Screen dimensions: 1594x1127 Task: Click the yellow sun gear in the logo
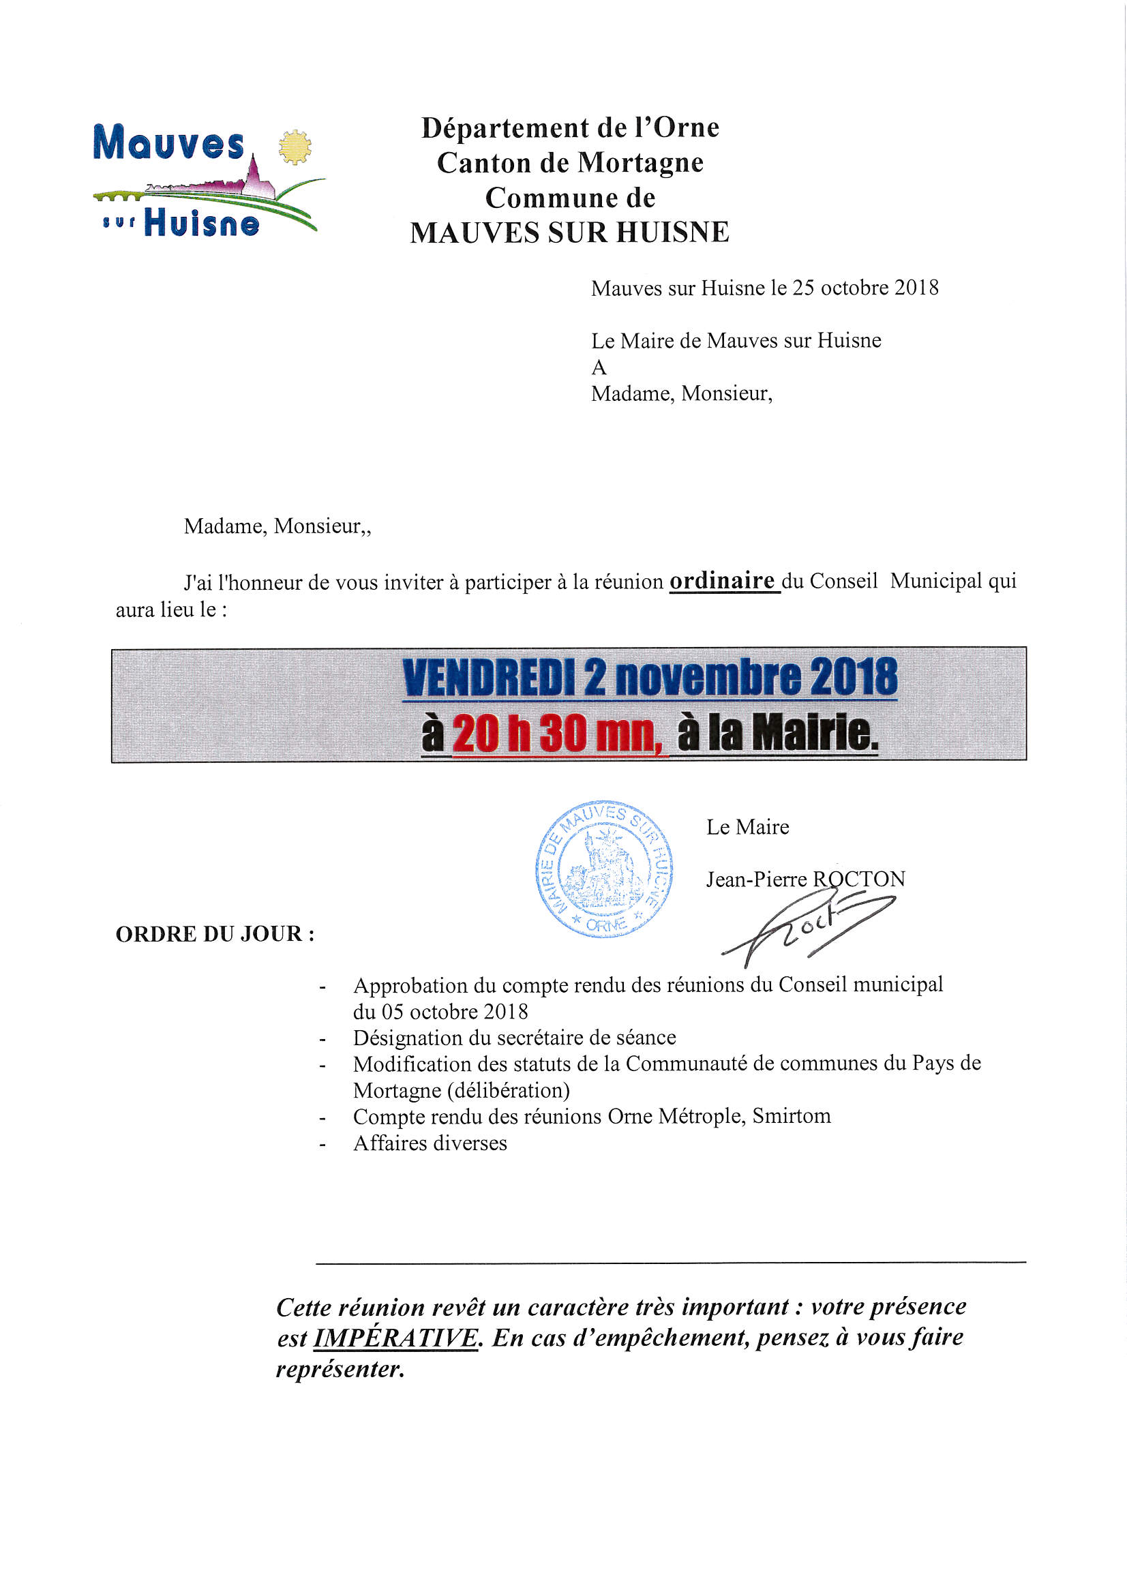point(295,147)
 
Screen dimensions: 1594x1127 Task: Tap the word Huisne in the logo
point(201,224)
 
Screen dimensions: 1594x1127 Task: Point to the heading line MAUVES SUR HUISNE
point(569,232)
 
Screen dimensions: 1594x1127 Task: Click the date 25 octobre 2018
point(865,288)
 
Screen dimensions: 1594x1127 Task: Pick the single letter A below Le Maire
point(599,367)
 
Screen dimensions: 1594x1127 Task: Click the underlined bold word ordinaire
point(722,580)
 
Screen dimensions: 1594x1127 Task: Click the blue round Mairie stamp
point(603,869)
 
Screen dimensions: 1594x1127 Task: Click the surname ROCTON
point(859,879)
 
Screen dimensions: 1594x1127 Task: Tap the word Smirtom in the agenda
point(792,1115)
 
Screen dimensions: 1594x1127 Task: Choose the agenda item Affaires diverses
point(430,1143)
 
